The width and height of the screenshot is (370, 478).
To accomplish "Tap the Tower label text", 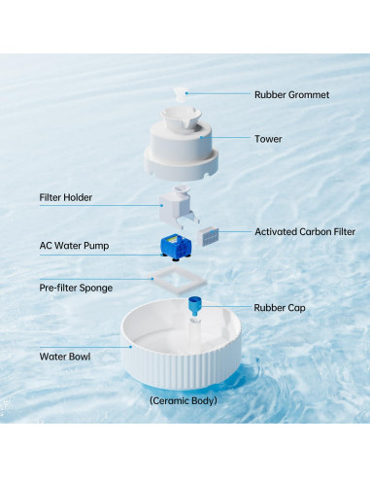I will point(269,139).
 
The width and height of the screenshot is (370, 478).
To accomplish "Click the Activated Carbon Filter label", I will point(305,232).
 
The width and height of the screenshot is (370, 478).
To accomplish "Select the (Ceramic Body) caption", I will point(185,400).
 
